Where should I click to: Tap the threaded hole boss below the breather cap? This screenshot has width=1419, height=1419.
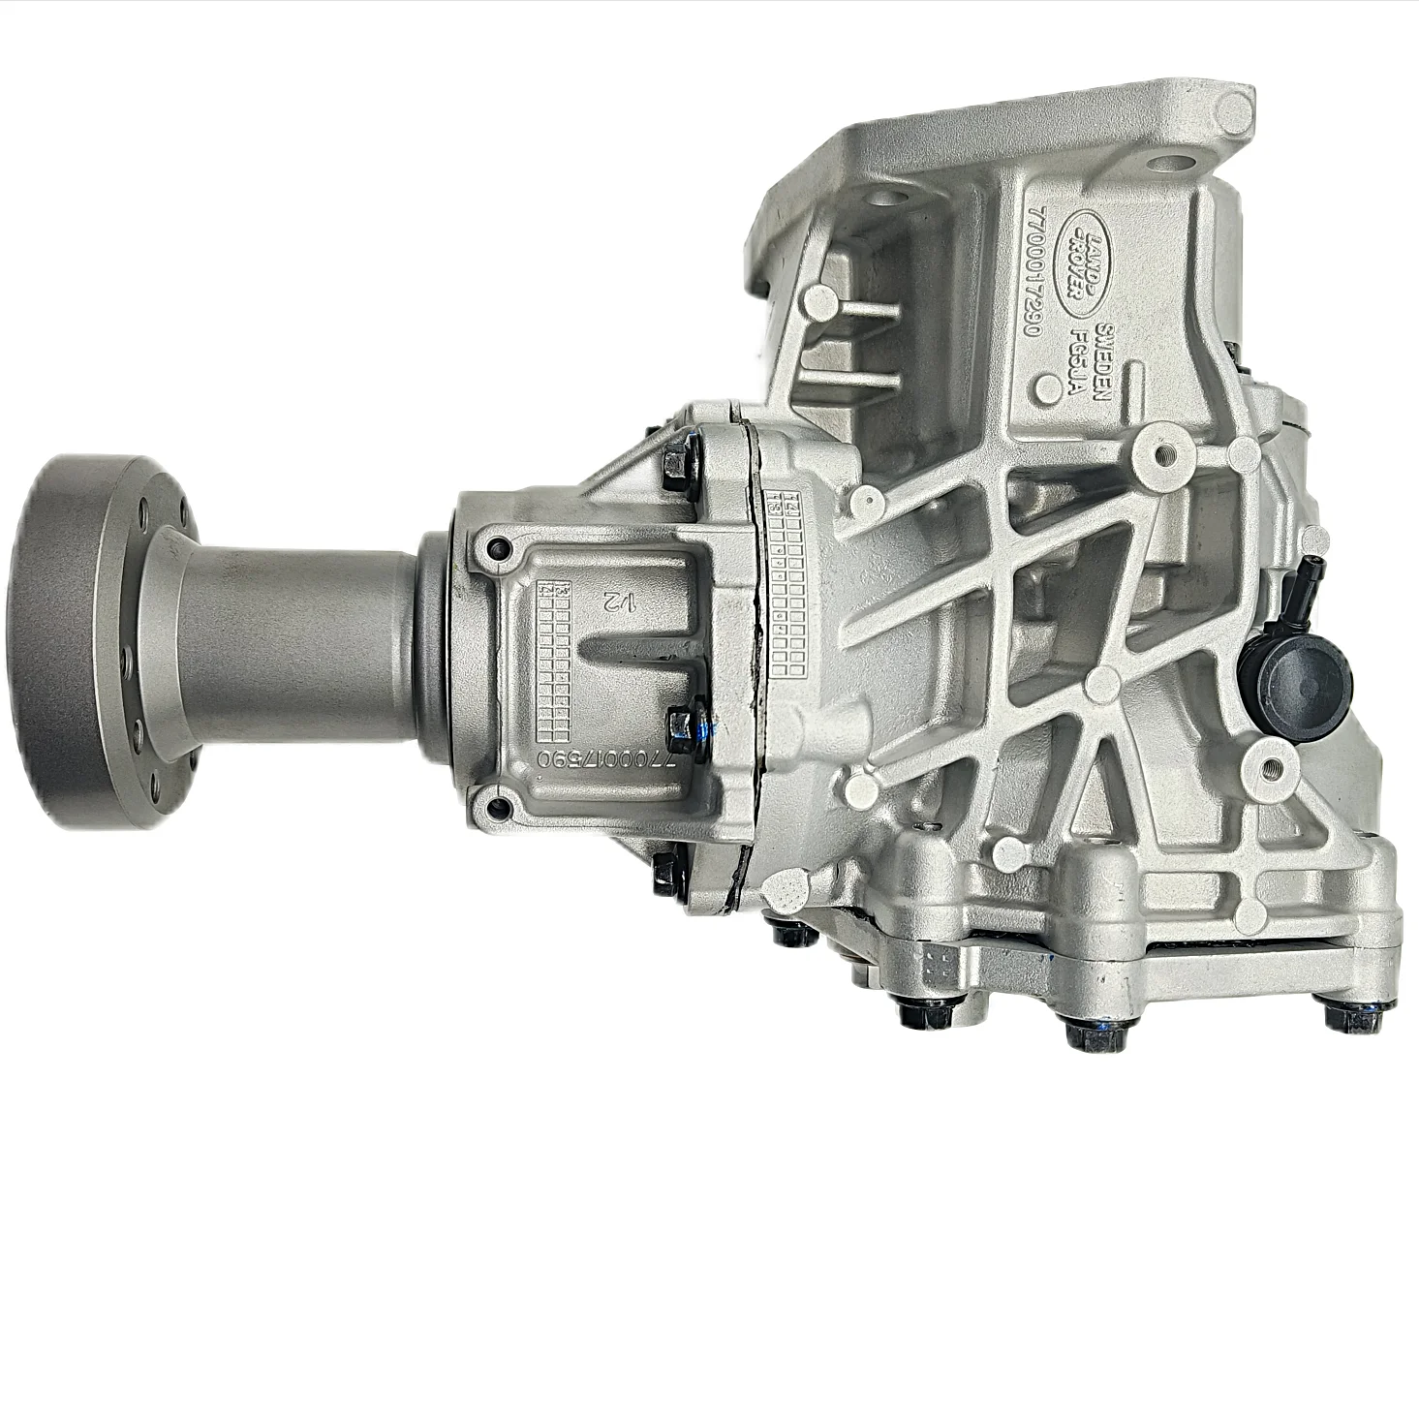tap(1272, 771)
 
